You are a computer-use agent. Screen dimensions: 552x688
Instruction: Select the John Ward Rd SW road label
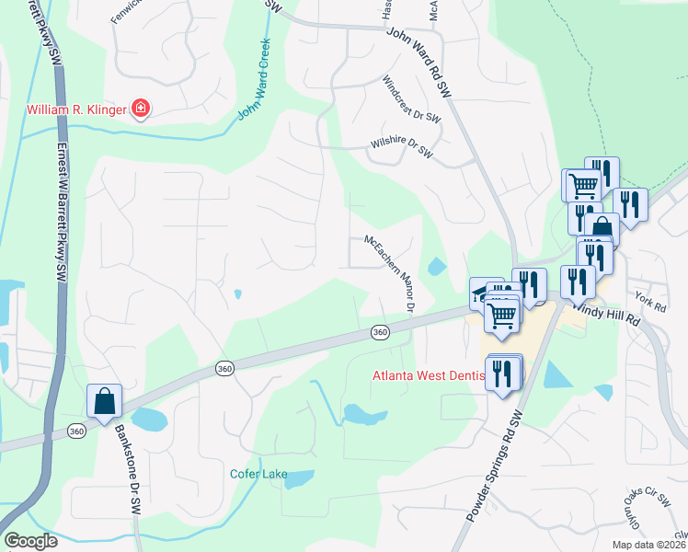coord(421,62)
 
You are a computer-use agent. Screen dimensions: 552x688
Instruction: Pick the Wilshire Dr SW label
coord(401,146)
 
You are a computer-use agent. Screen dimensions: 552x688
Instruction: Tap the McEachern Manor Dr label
coord(391,273)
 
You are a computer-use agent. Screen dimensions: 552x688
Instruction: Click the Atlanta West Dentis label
coord(430,375)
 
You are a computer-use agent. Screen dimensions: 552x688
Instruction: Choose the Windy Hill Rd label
coord(608,314)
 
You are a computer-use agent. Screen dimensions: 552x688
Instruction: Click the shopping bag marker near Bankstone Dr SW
coord(104,401)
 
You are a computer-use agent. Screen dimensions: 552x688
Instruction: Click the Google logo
coord(31,541)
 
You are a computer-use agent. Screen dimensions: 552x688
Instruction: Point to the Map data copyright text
coord(648,545)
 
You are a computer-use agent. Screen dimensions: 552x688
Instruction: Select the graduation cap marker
coord(480,293)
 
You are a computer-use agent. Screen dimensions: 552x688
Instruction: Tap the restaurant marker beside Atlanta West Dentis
coord(502,373)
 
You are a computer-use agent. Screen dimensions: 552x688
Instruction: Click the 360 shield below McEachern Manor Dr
coord(380,331)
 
